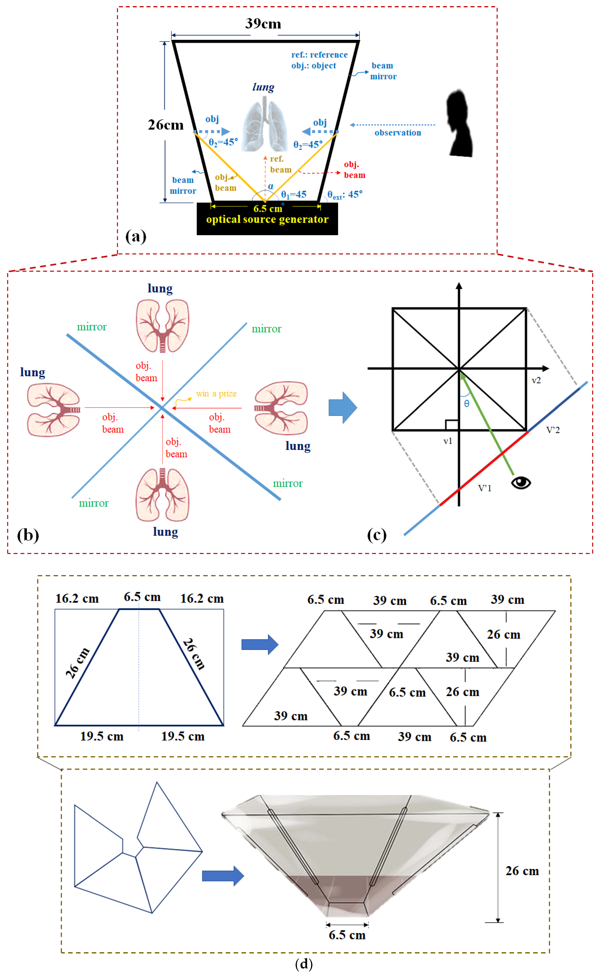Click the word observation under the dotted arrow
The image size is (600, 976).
(x=398, y=133)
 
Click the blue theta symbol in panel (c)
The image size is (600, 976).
(x=467, y=404)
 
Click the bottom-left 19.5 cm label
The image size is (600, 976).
(x=102, y=737)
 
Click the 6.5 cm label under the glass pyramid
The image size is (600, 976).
(x=347, y=935)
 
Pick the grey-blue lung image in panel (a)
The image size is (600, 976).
(x=265, y=126)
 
